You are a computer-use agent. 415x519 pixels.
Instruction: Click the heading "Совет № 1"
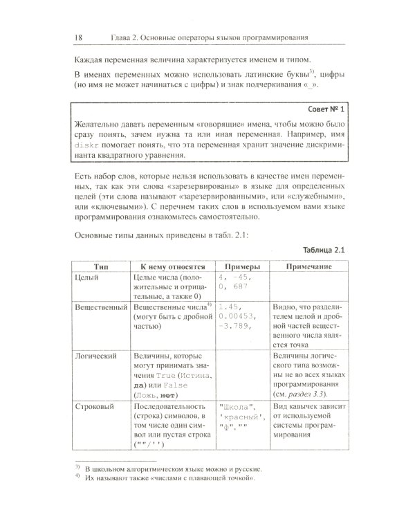click(x=329, y=110)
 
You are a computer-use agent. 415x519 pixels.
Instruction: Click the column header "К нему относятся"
click(x=169, y=266)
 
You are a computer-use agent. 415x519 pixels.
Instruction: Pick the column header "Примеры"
click(x=239, y=266)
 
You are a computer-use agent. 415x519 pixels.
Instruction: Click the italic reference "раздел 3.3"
click(x=311, y=392)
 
